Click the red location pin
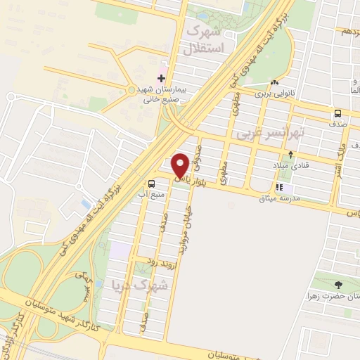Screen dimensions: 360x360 click(x=180, y=165)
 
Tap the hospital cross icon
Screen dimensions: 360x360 click(x=162, y=77)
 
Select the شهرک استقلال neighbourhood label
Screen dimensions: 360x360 click(x=206, y=39)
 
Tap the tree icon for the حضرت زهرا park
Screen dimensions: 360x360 click(x=340, y=285)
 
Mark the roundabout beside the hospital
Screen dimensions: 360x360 click(x=131, y=89)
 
